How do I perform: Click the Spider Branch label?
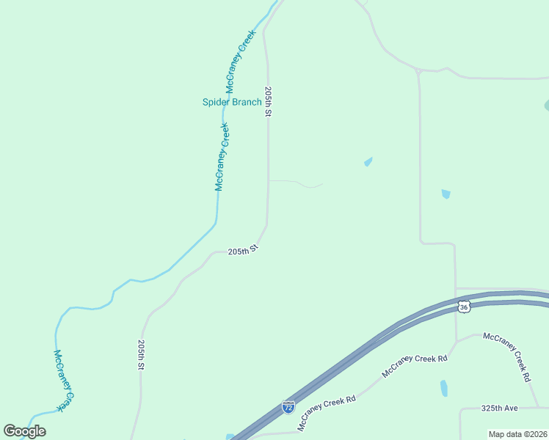(x=231, y=102)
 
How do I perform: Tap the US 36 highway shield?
(x=463, y=307)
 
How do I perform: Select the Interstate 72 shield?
(x=288, y=406)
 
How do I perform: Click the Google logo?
(x=24, y=430)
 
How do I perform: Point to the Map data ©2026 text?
(x=517, y=434)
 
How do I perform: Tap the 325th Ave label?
(x=500, y=408)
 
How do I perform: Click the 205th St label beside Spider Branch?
(x=269, y=103)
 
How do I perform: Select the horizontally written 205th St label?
(x=243, y=251)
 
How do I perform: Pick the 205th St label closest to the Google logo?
(x=141, y=355)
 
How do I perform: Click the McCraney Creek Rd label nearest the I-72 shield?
(x=327, y=412)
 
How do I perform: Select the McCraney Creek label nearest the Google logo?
(x=65, y=379)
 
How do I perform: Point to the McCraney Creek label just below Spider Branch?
(x=222, y=157)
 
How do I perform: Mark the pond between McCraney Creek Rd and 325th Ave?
(x=444, y=388)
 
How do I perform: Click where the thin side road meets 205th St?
(x=269, y=180)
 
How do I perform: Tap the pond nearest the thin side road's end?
(x=368, y=162)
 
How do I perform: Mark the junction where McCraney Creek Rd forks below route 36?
(x=457, y=342)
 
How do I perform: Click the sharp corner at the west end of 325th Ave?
(x=461, y=409)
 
